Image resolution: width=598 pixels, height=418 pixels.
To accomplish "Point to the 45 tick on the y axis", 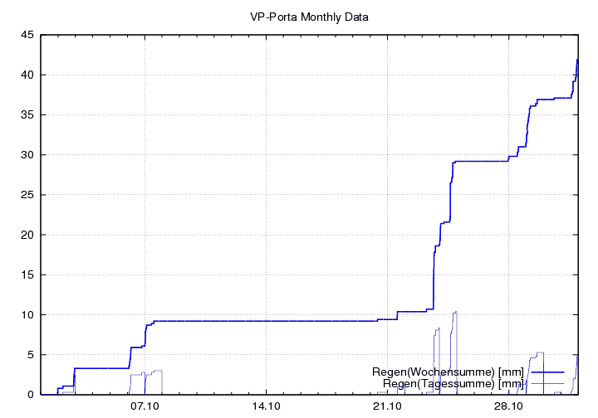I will (27, 35).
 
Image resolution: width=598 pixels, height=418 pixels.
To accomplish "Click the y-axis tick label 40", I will (27, 75).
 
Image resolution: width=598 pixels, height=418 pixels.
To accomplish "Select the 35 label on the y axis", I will (27, 114).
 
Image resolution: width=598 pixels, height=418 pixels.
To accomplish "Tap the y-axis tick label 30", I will (27, 155).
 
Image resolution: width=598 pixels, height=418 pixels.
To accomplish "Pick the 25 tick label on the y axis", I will (27, 195).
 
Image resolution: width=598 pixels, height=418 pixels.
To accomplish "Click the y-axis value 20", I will (27, 235).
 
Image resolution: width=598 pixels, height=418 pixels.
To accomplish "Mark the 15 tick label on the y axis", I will (27, 275).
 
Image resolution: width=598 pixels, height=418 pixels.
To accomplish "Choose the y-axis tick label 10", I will (27, 314).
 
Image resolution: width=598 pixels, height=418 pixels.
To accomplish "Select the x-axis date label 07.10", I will (145, 407).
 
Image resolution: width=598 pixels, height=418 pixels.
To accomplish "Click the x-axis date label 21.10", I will (387, 407).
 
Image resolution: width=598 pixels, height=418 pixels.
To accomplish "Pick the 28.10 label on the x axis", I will (508, 407).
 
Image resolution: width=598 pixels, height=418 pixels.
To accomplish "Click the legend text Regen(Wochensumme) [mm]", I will (448, 372).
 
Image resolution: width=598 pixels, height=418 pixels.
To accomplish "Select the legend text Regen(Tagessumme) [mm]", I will (453, 383).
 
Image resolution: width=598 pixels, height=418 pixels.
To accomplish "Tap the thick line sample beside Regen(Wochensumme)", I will (547, 372).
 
